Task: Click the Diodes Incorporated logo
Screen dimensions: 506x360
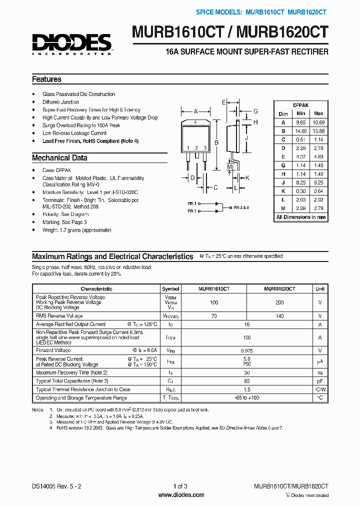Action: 72,44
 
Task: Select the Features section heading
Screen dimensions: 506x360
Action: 46,79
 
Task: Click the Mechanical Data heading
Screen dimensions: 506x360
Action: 59,158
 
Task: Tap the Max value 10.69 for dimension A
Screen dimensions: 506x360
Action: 318,122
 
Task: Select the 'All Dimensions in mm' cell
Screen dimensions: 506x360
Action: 301,217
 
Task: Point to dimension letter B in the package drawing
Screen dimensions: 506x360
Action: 216,143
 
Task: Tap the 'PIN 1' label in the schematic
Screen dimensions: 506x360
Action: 192,203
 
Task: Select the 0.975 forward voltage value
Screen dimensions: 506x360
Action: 247,350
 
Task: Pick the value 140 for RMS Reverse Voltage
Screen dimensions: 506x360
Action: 279,316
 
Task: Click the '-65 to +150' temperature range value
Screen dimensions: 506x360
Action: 247,398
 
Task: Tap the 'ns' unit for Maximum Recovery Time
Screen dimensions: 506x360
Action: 320,372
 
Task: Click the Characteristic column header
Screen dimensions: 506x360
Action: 96,289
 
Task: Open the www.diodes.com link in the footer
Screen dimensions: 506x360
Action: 180,495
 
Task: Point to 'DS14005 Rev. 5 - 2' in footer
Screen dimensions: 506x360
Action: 56,486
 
